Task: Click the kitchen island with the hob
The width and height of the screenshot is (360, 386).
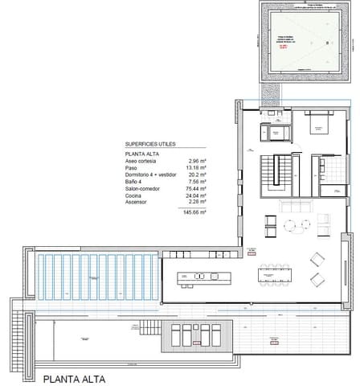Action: (206, 278)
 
